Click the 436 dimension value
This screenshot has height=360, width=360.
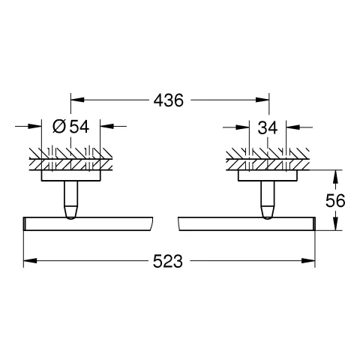click(x=169, y=100)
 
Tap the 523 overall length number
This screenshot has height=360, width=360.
click(x=168, y=261)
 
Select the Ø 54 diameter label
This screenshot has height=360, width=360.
click(x=70, y=127)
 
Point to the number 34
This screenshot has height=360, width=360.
click(x=268, y=127)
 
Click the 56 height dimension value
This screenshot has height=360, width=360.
click(x=335, y=200)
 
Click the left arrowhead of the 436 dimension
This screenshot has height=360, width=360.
click(x=77, y=100)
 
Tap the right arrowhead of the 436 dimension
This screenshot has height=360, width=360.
click(x=262, y=100)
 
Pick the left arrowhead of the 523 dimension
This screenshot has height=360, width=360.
click(x=30, y=260)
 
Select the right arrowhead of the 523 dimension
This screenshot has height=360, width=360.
click(x=308, y=260)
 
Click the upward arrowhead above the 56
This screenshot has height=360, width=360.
click(x=335, y=176)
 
